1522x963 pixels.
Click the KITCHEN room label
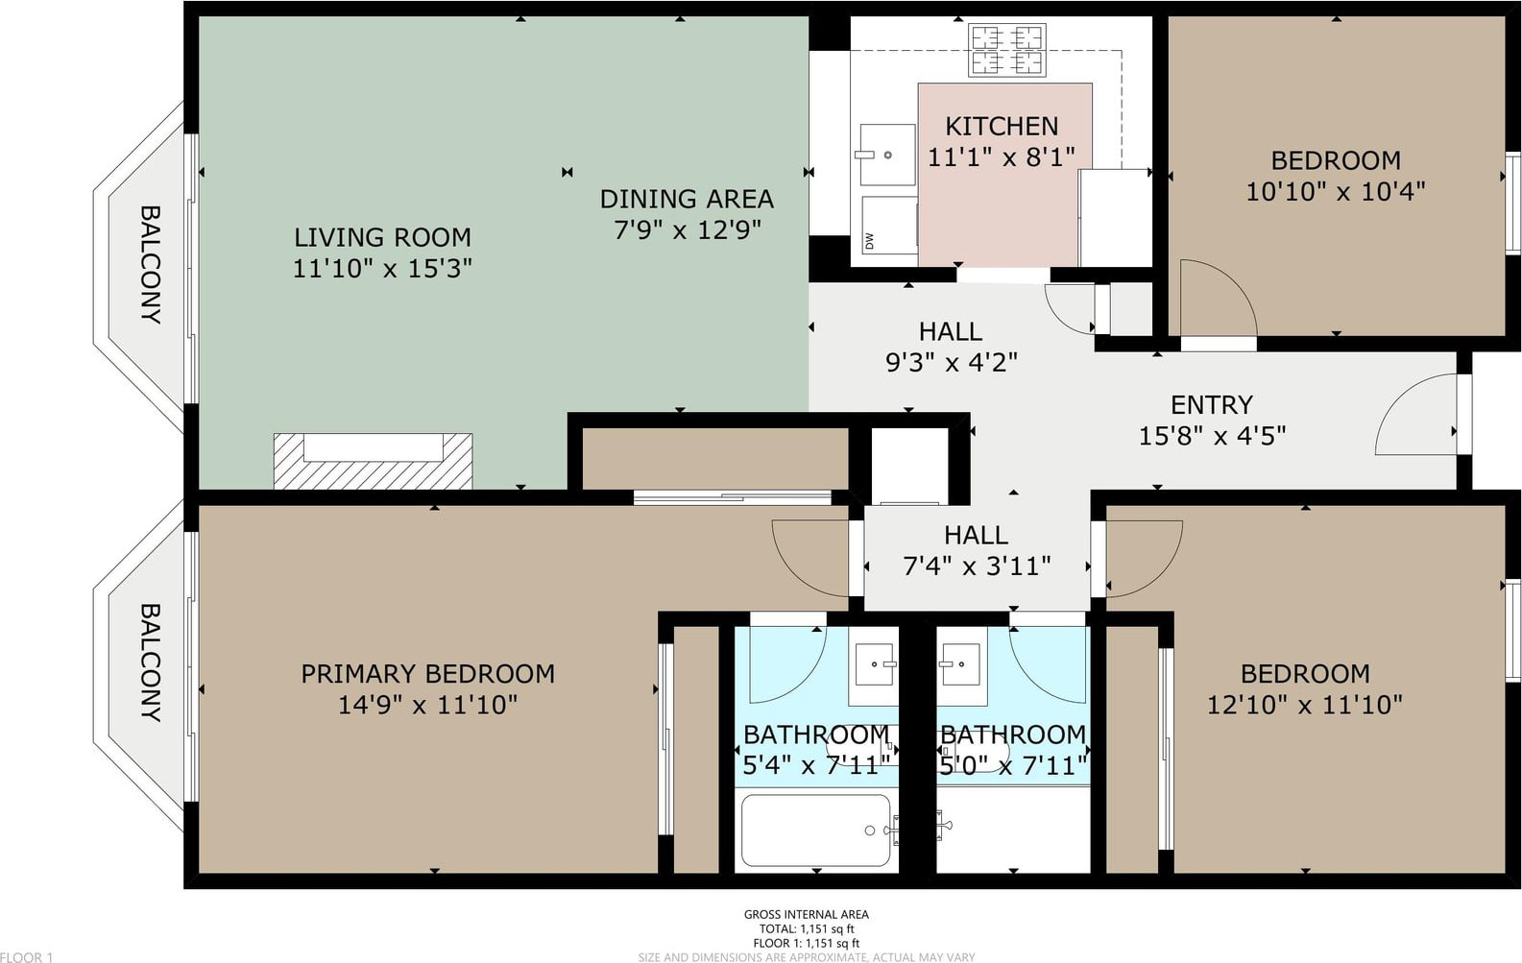pyautogui.click(x=1002, y=127)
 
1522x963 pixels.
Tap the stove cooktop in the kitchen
pyautogui.click(x=1007, y=50)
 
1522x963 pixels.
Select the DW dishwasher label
pyautogui.click(x=870, y=241)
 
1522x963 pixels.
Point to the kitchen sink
pyautogui.click(x=887, y=155)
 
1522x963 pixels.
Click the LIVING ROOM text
pyautogui.click(x=382, y=238)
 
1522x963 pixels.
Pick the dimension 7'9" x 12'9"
pyautogui.click(x=687, y=230)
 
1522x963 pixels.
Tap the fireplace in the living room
pyautogui.click(x=373, y=461)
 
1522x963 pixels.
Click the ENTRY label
pyautogui.click(x=1212, y=405)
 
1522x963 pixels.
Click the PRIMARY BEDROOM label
pyautogui.click(x=428, y=674)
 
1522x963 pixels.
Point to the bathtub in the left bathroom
pyautogui.click(x=816, y=831)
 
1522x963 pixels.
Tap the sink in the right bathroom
pyautogui.click(x=959, y=664)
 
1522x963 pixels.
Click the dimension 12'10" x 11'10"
pyautogui.click(x=1305, y=706)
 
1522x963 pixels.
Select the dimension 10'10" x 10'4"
pyautogui.click(x=1335, y=192)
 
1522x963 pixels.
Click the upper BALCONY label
pyautogui.click(x=151, y=265)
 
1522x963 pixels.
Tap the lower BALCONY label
pyautogui.click(x=151, y=662)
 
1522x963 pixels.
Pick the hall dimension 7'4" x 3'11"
pyautogui.click(x=978, y=566)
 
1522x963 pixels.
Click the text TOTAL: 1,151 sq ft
pyautogui.click(x=807, y=929)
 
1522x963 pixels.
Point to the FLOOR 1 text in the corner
pyautogui.click(x=27, y=957)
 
